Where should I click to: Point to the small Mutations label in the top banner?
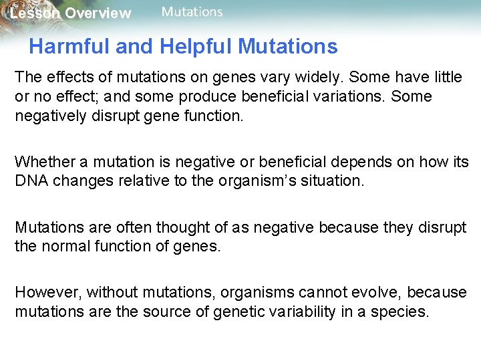tap(192, 12)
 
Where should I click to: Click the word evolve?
tap(371, 292)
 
